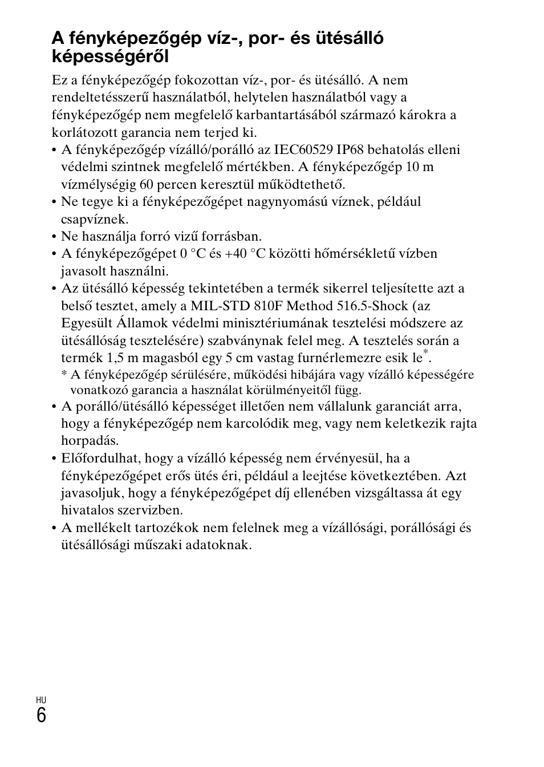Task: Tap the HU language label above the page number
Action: [40, 700]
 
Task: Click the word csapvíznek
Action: [95, 220]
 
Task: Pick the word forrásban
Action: [235, 237]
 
